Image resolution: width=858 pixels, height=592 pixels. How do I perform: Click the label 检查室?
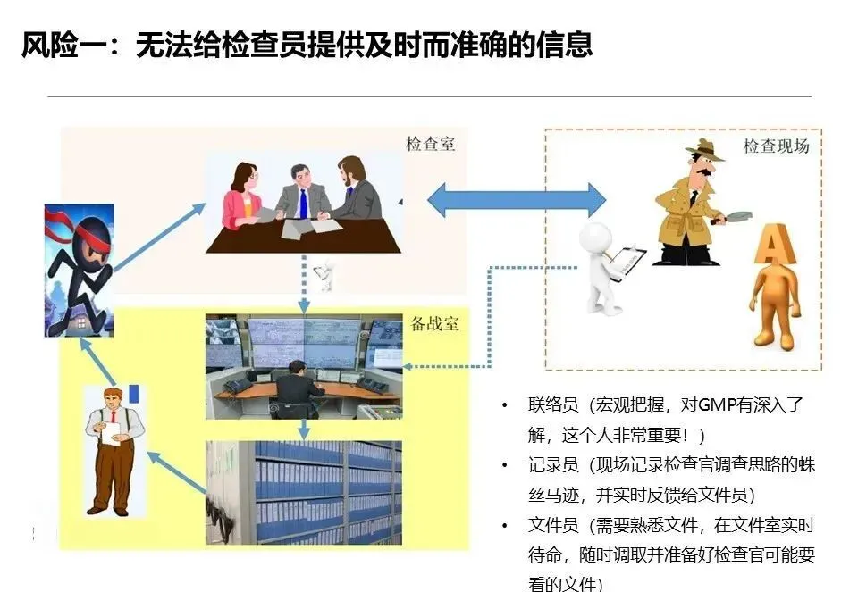[430, 144]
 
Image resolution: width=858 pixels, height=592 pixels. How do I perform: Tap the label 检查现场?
[776, 146]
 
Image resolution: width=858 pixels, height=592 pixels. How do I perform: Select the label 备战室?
[435, 323]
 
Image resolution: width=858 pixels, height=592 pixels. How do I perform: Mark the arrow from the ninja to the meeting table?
[159, 236]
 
